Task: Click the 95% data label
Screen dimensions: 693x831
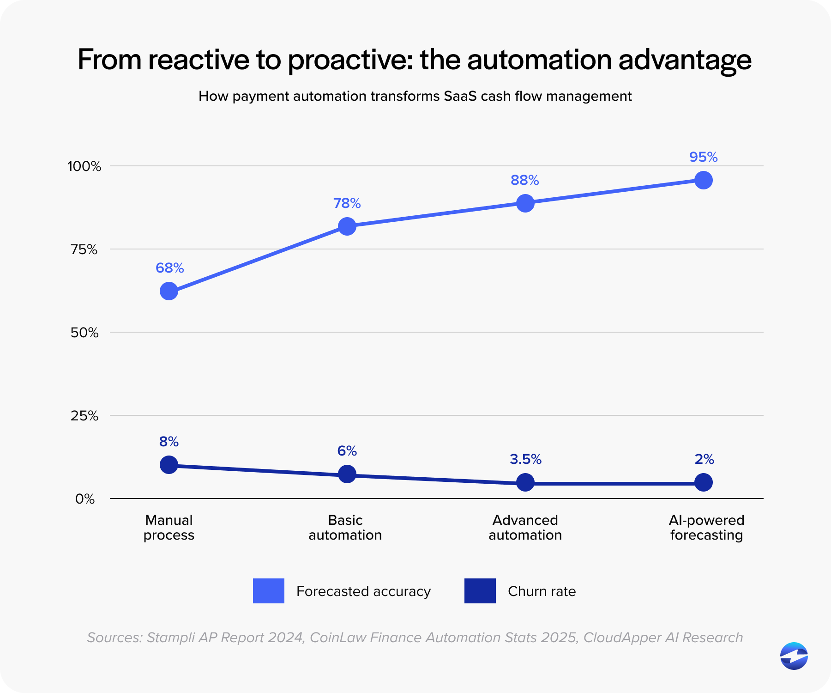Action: point(703,157)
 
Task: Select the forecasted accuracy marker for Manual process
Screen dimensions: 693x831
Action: point(169,291)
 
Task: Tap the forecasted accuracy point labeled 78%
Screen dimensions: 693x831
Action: point(347,226)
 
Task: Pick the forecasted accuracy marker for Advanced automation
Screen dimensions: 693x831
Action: point(525,203)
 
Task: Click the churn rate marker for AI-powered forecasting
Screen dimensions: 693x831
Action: point(703,483)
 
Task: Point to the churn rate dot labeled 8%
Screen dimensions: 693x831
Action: point(169,465)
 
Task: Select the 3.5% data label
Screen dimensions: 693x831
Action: point(525,459)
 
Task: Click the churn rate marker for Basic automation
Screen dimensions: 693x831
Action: point(347,474)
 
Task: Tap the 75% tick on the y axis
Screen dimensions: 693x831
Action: point(84,249)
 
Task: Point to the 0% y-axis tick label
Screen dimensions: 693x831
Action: point(85,499)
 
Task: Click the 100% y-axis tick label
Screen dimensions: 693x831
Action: point(84,166)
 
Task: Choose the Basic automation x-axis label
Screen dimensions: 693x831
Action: point(345,528)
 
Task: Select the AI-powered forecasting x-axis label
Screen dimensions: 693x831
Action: point(706,528)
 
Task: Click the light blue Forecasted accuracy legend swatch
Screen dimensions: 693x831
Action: point(269,591)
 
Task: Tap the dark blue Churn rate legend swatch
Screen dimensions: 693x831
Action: point(480,591)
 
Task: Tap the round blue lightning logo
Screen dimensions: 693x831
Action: point(794,656)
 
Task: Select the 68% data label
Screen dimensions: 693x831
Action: point(169,268)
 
